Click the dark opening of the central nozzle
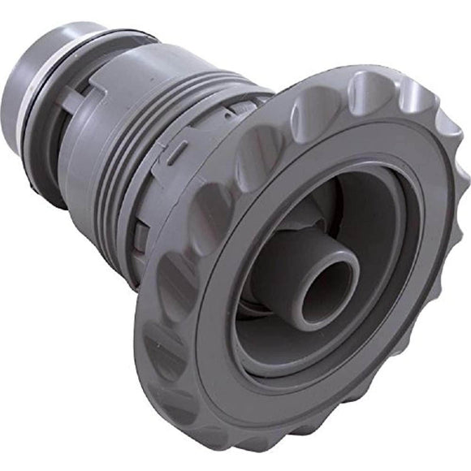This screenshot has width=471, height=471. point(331,292)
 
